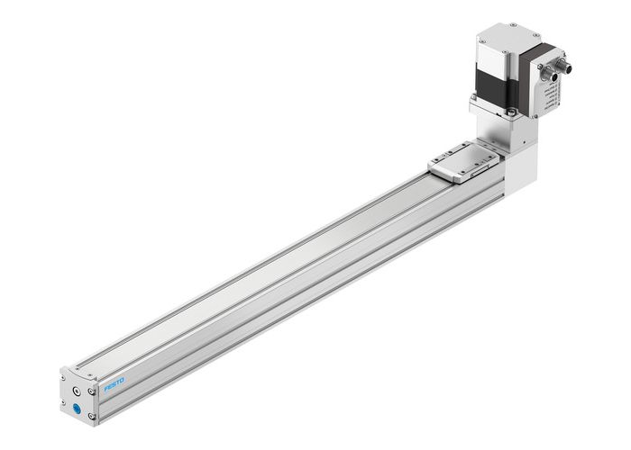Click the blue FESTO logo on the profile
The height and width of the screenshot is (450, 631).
coord(115,385)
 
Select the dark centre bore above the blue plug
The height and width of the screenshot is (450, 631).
coord(80,391)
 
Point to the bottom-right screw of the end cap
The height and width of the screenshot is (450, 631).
coord(93,416)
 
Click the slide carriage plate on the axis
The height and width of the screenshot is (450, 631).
coord(462,159)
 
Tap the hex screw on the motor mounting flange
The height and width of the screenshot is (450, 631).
coord(510,112)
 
